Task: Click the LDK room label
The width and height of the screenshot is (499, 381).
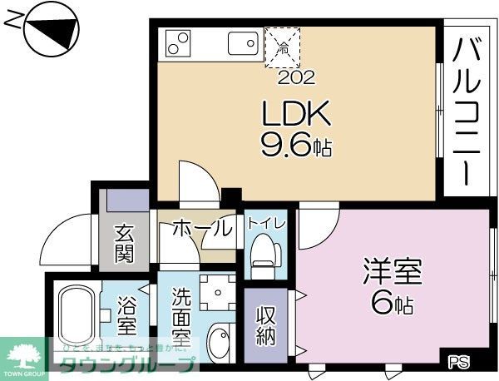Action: click(286, 113)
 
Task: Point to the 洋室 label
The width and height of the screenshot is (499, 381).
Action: click(393, 272)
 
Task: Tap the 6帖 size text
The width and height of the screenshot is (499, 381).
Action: click(393, 304)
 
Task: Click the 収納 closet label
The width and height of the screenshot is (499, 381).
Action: click(266, 325)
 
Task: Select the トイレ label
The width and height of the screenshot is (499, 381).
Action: click(265, 224)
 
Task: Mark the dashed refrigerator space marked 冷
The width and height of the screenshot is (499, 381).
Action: click(284, 47)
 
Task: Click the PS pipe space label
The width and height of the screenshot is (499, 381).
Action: click(458, 362)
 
